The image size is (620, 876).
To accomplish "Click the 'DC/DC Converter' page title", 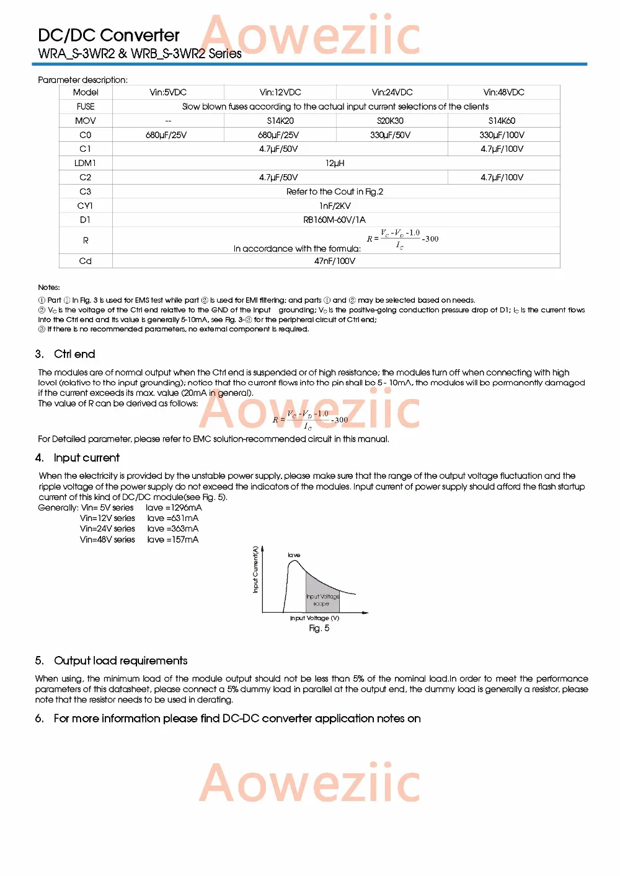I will pyautogui.click(x=108, y=35).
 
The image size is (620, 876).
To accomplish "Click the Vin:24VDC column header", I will pyautogui.click(x=392, y=92).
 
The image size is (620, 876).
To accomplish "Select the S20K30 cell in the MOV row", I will pyautogui.click(x=390, y=121).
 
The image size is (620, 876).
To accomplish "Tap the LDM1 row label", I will pyautogui.click(x=85, y=163).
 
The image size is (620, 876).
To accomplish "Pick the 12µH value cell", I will pyautogui.click(x=335, y=163).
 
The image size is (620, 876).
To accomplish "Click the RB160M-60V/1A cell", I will pyautogui.click(x=335, y=220).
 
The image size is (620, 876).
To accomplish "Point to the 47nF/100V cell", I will pyautogui.click(x=335, y=261).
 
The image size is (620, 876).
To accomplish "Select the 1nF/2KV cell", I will pyautogui.click(x=335, y=206).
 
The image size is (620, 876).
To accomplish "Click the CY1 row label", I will pyautogui.click(x=85, y=206).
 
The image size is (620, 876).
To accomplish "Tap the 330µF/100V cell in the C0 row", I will pyautogui.click(x=502, y=135).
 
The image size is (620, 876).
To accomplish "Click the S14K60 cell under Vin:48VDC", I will pyautogui.click(x=502, y=121).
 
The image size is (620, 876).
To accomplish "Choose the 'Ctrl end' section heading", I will pyautogui.click(x=74, y=354).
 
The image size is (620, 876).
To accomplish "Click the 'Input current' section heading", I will pyautogui.click(x=86, y=458).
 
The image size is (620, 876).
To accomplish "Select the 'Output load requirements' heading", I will pyautogui.click(x=120, y=660).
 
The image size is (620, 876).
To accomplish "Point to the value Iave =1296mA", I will pyautogui.click(x=174, y=507).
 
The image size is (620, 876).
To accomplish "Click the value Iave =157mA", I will pyautogui.click(x=173, y=540).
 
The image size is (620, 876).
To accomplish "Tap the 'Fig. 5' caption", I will pyautogui.click(x=319, y=628).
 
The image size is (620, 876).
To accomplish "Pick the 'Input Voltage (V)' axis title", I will pyautogui.click(x=314, y=618).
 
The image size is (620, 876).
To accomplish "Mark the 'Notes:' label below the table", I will pyautogui.click(x=49, y=287).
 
